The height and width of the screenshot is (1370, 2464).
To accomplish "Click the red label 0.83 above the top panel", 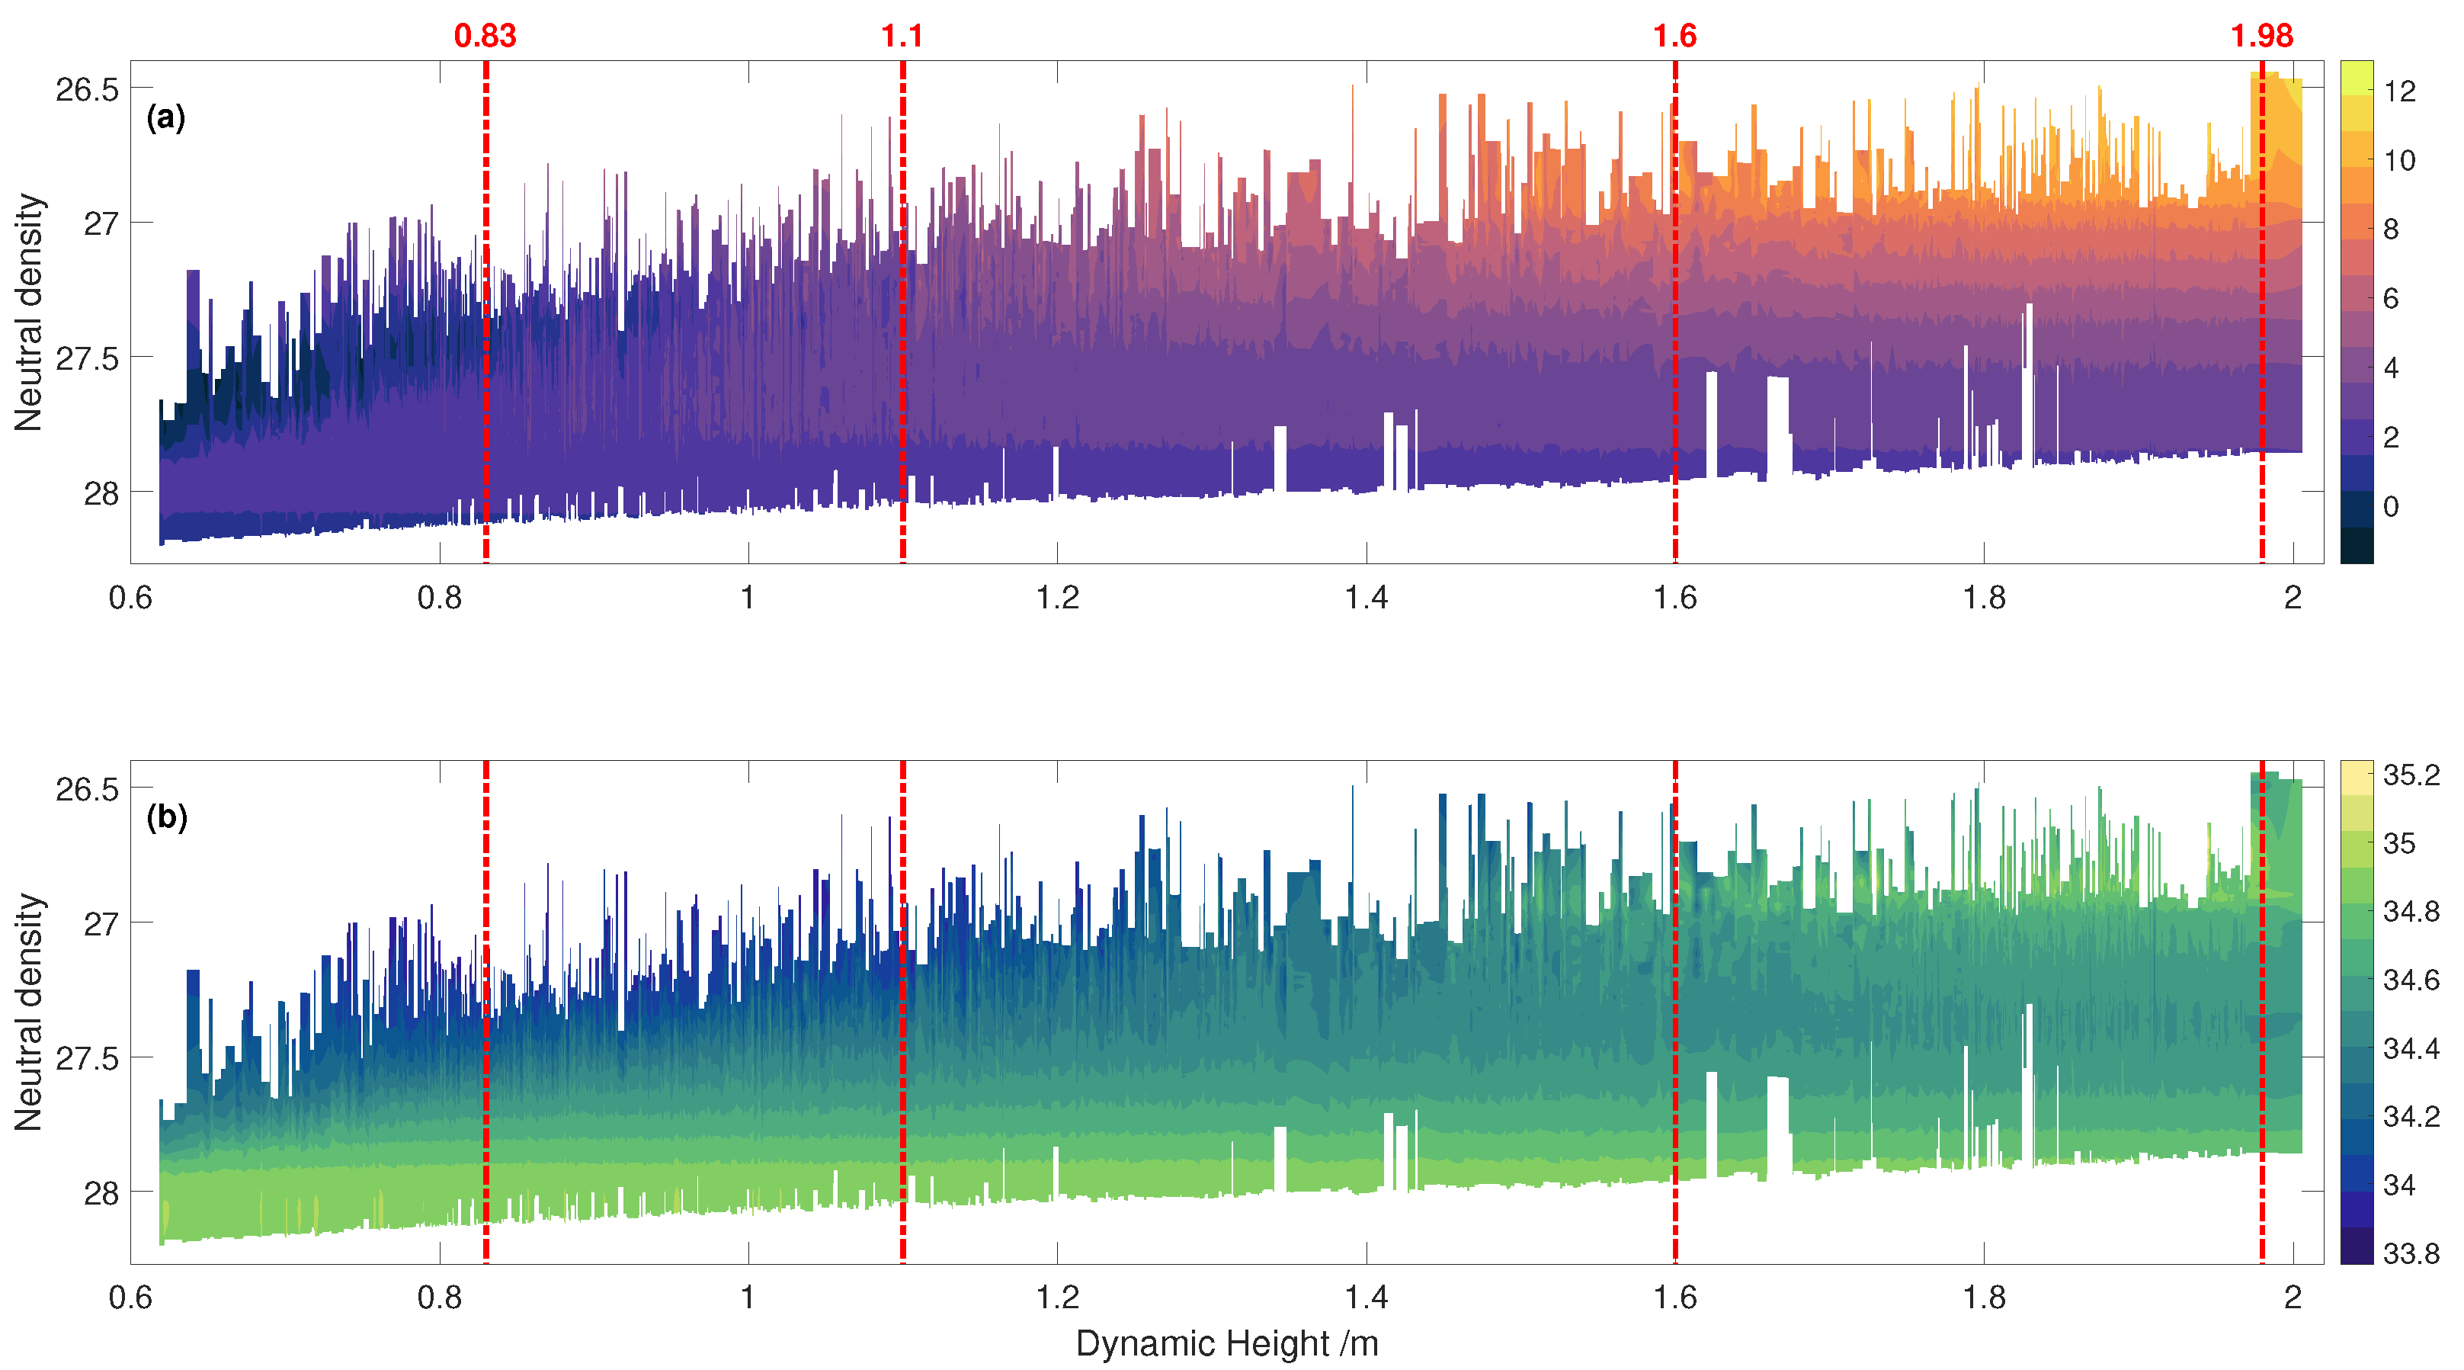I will [x=485, y=37].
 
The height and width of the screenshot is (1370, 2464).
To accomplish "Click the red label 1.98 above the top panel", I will [x=2261, y=37].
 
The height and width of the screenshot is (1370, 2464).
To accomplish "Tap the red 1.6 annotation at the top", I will [x=1675, y=37].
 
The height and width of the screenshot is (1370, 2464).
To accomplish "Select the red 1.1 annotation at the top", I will [x=902, y=37].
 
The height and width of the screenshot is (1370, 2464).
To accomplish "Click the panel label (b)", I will [x=166, y=817].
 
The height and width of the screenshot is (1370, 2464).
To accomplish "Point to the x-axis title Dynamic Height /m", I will [x=1226, y=1343].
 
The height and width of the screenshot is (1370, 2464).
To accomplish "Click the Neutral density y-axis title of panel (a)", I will [x=29, y=312].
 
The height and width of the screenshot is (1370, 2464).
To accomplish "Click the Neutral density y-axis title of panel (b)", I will [x=29, y=1012].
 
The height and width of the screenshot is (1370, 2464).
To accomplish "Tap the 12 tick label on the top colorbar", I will [x=2399, y=91].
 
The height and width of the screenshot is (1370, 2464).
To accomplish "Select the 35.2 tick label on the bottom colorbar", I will [x=2411, y=775].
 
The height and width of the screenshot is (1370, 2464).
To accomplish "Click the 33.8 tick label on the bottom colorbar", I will [x=2411, y=1253].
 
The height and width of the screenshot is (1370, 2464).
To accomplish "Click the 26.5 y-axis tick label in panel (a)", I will [x=87, y=90].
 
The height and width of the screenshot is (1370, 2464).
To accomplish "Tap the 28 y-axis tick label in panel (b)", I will [x=101, y=1194].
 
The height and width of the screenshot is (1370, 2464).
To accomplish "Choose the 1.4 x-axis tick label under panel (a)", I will [x=1366, y=598].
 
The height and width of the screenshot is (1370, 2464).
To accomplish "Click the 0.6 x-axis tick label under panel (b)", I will [x=131, y=1298].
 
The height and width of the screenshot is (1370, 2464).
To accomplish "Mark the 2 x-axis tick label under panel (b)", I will [x=2292, y=1298].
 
